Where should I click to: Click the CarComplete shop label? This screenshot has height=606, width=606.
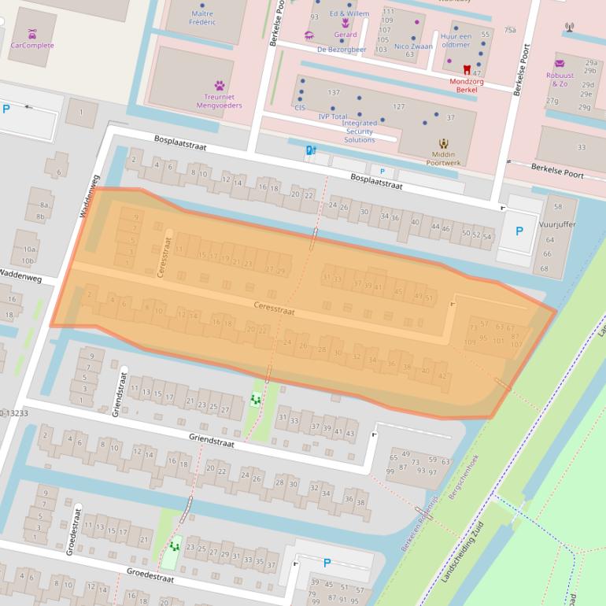click(32, 46)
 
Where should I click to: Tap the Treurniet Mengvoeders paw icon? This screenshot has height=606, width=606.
click(220, 85)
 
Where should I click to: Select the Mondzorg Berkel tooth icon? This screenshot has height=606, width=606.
click(467, 70)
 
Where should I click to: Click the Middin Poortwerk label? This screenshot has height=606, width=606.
click(443, 158)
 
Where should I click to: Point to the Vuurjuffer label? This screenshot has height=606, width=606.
click(559, 224)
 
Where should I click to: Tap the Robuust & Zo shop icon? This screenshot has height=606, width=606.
click(560, 64)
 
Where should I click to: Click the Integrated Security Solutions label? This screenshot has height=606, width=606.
click(359, 131)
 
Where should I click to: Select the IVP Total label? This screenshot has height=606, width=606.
click(332, 116)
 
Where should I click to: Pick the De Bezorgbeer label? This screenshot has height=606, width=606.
click(342, 50)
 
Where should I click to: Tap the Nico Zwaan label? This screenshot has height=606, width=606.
click(413, 46)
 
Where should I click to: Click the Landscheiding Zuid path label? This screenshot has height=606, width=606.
click(463, 552)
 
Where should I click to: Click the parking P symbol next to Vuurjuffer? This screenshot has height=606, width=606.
click(519, 231)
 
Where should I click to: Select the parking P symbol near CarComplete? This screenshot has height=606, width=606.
click(7, 109)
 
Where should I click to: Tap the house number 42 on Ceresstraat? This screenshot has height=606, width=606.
click(443, 375)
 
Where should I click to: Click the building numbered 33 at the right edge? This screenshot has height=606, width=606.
click(581, 147)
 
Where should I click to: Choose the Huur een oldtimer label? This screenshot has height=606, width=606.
click(456, 40)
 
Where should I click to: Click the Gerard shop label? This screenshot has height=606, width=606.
click(345, 35)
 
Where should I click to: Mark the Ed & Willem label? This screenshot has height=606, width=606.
click(349, 14)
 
